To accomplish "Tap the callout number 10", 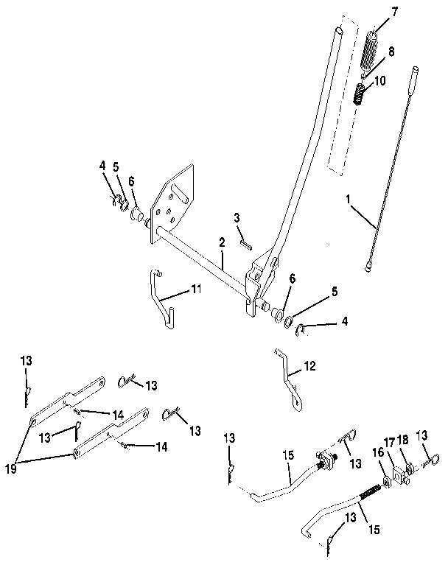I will (x=381, y=81).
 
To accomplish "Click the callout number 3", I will (x=237, y=217).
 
